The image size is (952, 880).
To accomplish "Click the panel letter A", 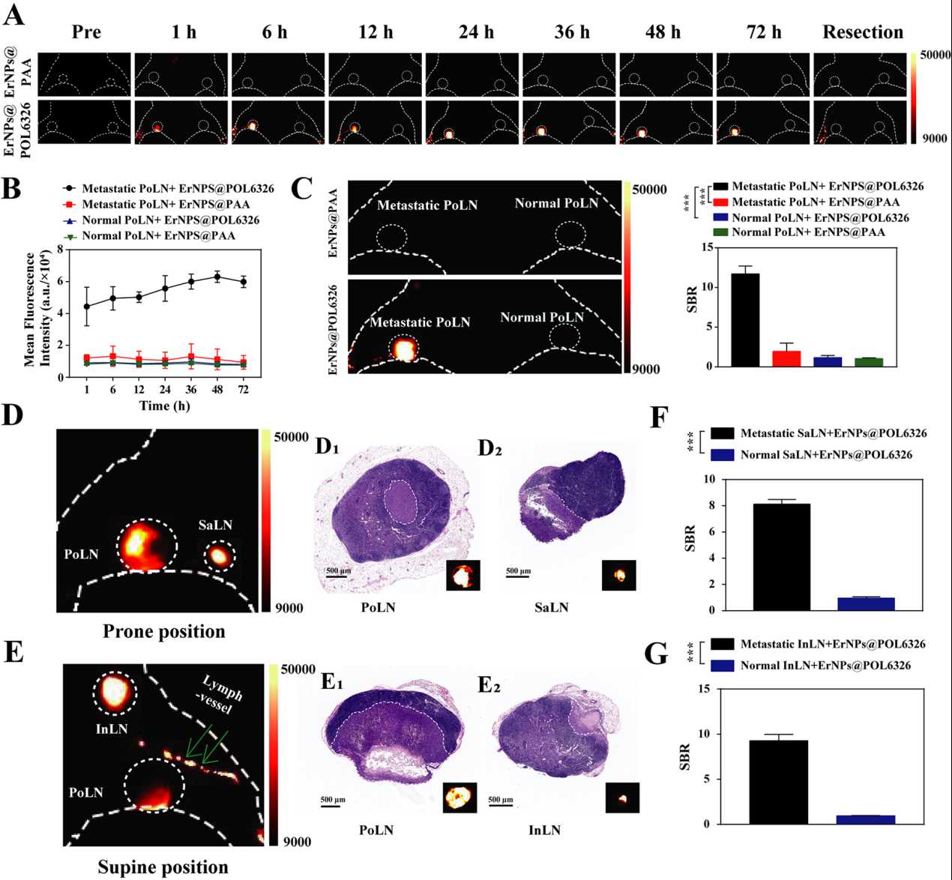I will (x=13, y=14).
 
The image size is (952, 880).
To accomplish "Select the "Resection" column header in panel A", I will (x=863, y=32).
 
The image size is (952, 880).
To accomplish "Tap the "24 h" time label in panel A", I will (x=476, y=32).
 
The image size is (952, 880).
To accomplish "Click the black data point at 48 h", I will (x=217, y=277).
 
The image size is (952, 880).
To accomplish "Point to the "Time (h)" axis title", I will (x=164, y=406).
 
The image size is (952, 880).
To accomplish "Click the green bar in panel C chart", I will (x=869, y=362).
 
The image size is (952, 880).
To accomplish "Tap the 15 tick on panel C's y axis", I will (x=708, y=248).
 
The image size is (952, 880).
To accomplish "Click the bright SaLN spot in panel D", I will (x=219, y=556).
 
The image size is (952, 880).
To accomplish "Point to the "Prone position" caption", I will (x=163, y=631).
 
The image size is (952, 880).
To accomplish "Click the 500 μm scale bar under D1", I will (x=337, y=576).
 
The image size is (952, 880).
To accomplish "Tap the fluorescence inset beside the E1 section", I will (x=460, y=797).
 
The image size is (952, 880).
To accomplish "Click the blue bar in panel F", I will (x=865, y=603).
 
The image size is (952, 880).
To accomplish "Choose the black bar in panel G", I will (x=778, y=782).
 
